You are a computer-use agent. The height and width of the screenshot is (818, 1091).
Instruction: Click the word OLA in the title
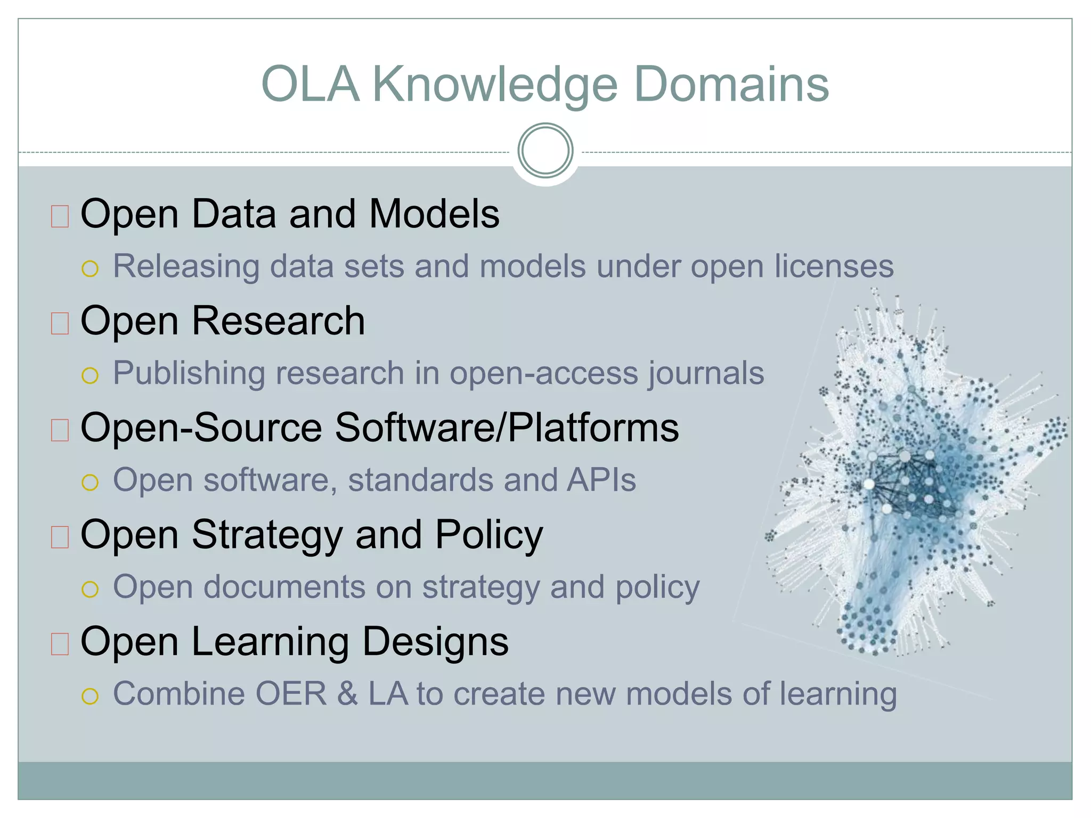pyautogui.click(x=311, y=84)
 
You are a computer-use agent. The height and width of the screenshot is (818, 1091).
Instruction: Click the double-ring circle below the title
pyautogui.click(x=545, y=151)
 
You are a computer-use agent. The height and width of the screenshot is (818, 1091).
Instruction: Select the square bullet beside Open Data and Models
pyautogui.click(x=60, y=216)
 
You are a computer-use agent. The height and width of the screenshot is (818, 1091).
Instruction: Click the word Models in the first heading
pyautogui.click(x=434, y=214)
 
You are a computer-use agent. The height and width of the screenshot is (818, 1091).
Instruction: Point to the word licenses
pyautogui.click(x=834, y=266)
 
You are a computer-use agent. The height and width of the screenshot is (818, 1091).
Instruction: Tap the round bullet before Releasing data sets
pyautogui.click(x=90, y=269)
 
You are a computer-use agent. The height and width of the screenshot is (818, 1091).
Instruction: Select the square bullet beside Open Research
pyautogui.click(x=60, y=323)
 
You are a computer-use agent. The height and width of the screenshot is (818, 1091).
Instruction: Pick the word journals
pyautogui.click(x=706, y=373)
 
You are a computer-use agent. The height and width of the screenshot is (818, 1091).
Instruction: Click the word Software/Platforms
pyautogui.click(x=507, y=428)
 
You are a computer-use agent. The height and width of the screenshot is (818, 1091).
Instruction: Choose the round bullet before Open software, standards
pyautogui.click(x=90, y=482)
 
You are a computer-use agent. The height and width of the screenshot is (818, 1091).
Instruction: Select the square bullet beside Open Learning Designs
pyautogui.click(x=60, y=643)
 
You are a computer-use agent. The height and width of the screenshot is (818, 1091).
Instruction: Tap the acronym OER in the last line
pyautogui.click(x=291, y=694)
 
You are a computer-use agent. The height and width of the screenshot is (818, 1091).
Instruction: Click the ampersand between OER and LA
pyautogui.click(x=347, y=694)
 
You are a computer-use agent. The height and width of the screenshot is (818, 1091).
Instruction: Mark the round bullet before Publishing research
pyautogui.click(x=90, y=375)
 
